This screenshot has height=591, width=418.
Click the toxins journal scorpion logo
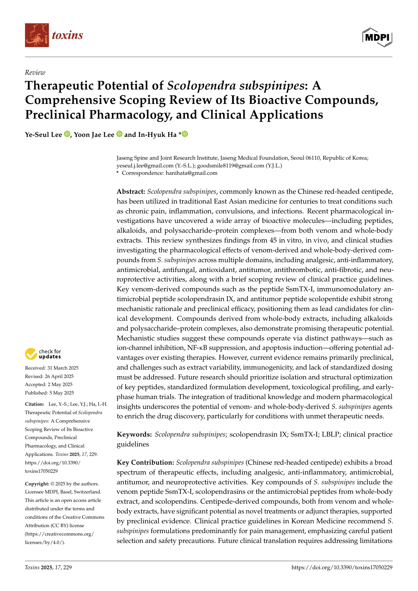click(x=37, y=35)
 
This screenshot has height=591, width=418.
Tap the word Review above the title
click(x=35, y=73)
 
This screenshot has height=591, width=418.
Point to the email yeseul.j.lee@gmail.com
click(x=145, y=166)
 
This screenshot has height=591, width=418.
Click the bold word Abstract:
click(x=131, y=192)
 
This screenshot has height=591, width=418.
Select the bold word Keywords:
click(x=134, y=434)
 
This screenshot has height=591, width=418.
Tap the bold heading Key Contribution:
click(x=145, y=463)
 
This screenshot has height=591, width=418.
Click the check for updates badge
click(x=43, y=354)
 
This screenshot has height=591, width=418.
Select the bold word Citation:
click(x=34, y=404)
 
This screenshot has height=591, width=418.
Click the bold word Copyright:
click(x=37, y=484)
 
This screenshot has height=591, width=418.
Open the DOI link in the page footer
click(x=341, y=567)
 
